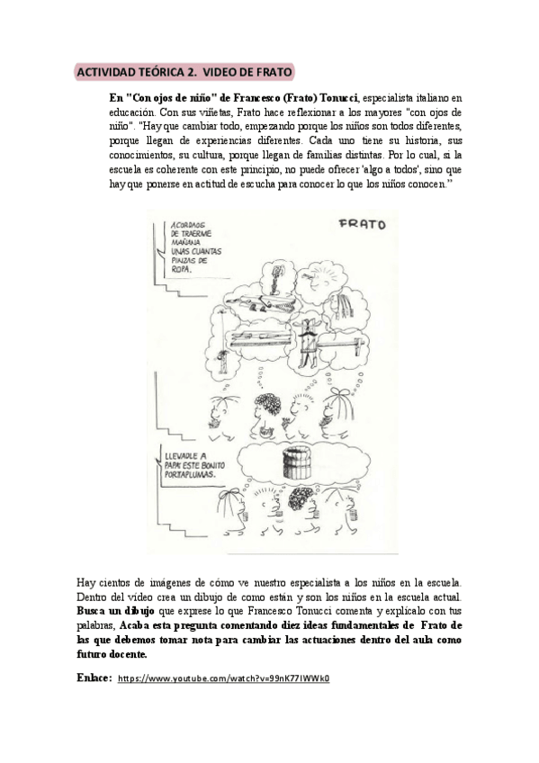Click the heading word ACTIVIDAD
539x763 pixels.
coord(106,72)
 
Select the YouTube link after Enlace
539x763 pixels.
coord(224,678)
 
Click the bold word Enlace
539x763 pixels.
coord(94,678)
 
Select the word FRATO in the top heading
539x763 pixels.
coord(267,72)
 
